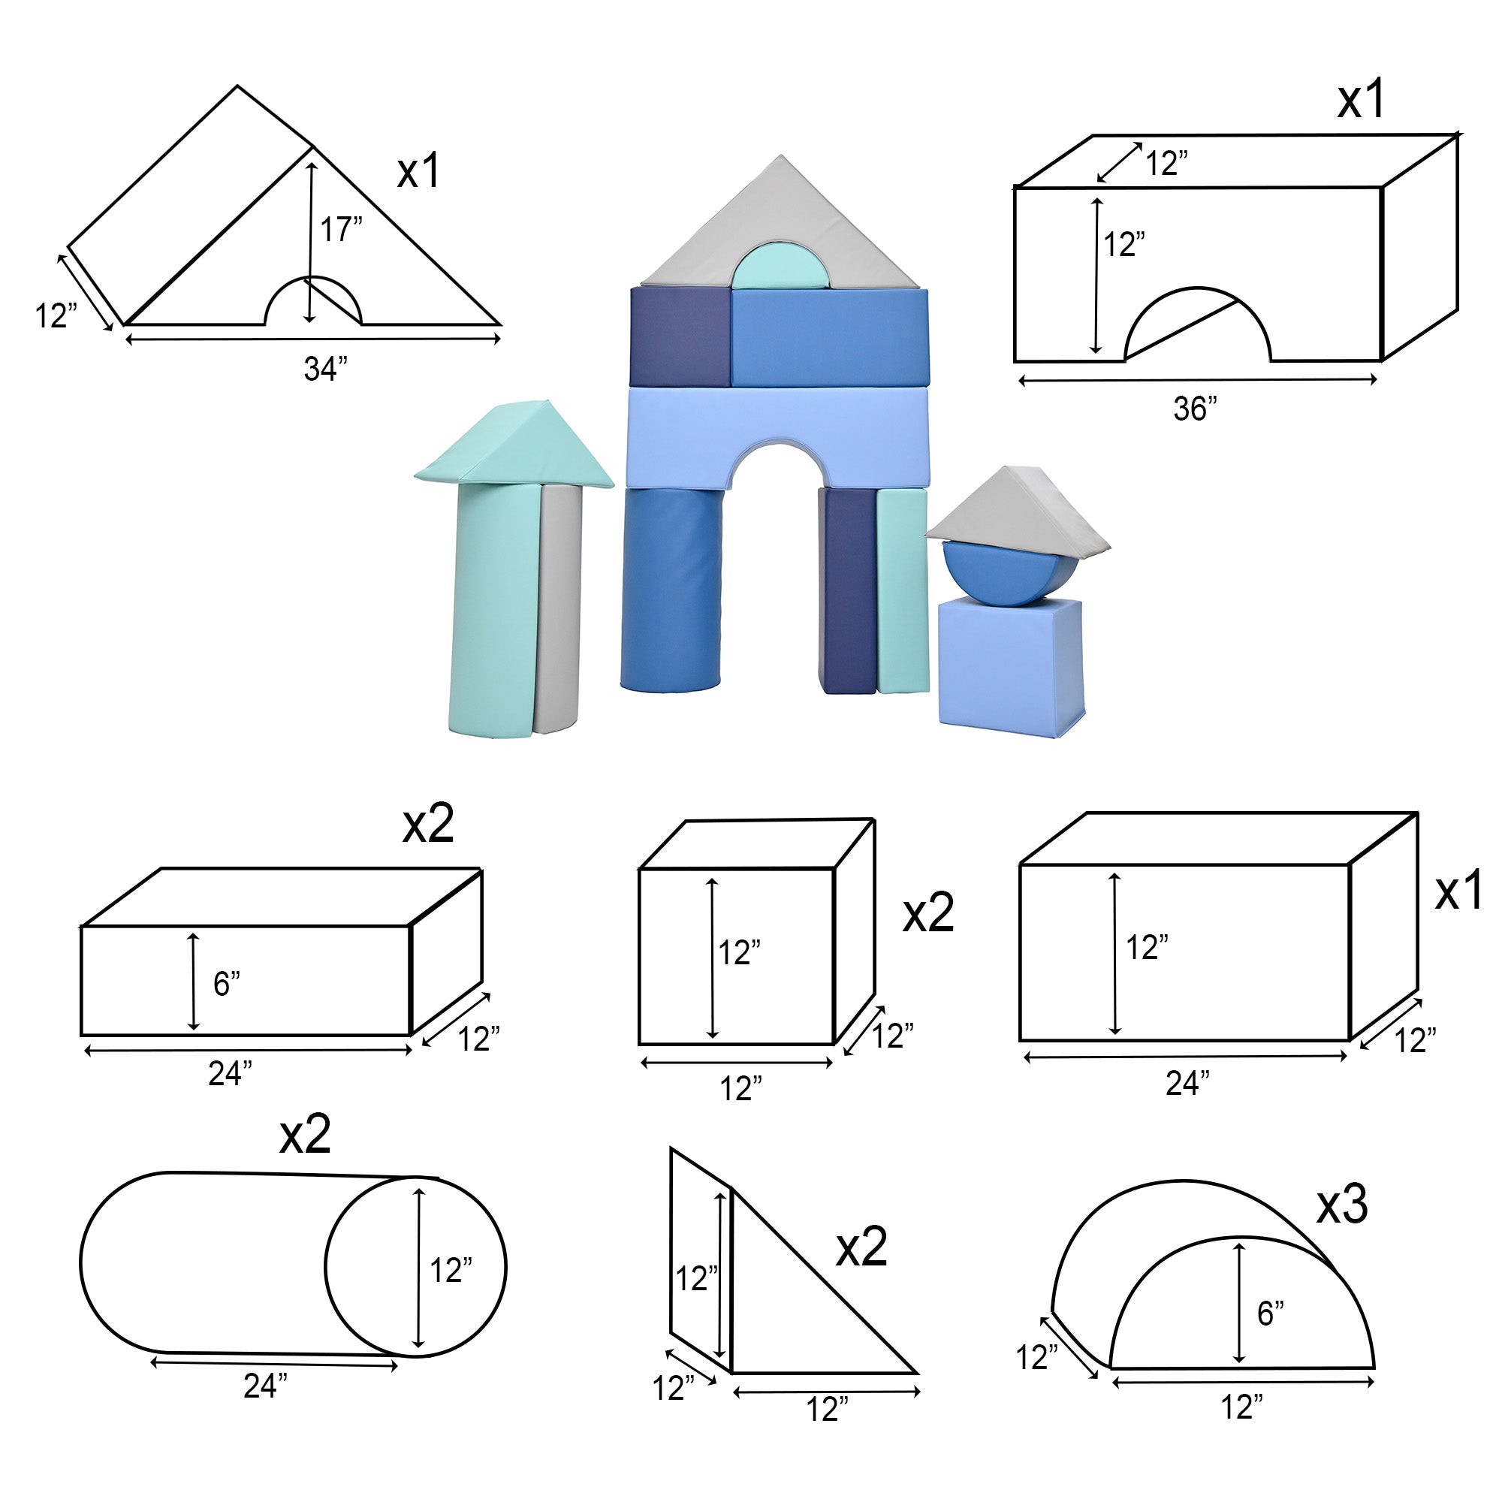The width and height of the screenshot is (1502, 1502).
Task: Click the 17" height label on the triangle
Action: [341, 229]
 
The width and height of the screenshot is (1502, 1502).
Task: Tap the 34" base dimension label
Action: [326, 369]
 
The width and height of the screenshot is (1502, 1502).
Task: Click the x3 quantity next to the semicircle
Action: [1342, 1205]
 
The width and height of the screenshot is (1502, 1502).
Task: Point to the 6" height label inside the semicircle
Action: [1271, 1313]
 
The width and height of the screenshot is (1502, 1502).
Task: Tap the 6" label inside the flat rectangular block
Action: [227, 985]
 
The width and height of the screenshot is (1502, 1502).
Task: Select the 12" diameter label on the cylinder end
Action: [451, 1271]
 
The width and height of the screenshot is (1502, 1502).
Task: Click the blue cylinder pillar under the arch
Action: [671, 590]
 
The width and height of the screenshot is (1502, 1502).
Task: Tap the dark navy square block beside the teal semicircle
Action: [680, 336]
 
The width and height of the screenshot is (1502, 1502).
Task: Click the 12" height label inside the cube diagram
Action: [739, 952]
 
